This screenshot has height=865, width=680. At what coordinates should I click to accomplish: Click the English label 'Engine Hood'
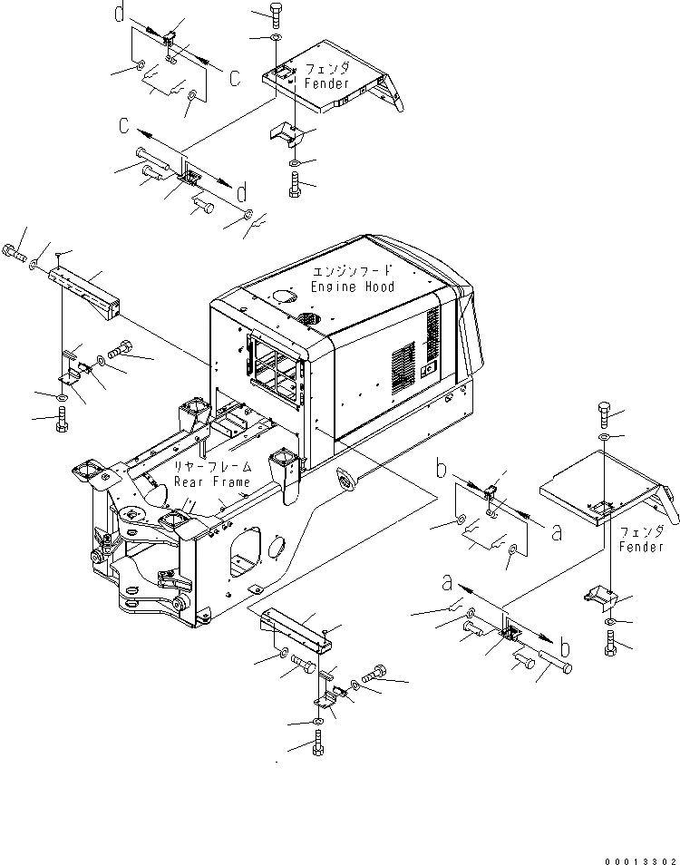point(353,287)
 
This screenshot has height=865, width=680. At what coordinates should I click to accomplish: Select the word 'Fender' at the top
point(326,83)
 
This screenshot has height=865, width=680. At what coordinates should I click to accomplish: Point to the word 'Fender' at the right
point(643,547)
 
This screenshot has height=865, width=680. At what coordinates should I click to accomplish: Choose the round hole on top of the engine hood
point(281,296)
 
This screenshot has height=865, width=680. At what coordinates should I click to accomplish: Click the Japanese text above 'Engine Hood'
point(352,271)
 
